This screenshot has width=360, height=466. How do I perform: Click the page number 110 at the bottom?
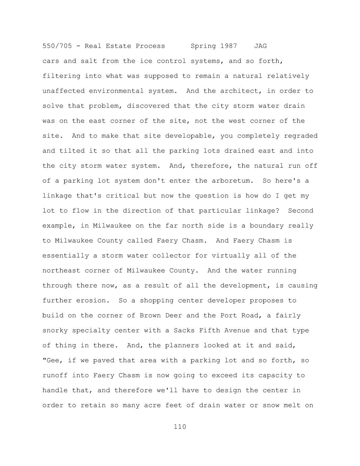[180, 427]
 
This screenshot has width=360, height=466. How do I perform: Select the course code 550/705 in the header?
[57, 46]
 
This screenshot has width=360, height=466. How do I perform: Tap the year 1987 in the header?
[229, 46]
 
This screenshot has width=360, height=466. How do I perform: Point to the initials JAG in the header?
[260, 46]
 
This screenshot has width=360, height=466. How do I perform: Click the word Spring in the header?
[203, 46]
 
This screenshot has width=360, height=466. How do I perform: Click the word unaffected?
[63, 91]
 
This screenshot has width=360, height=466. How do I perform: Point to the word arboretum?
[233, 181]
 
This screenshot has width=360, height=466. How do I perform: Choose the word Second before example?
[301, 211]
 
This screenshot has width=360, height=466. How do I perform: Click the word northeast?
[61, 270]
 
